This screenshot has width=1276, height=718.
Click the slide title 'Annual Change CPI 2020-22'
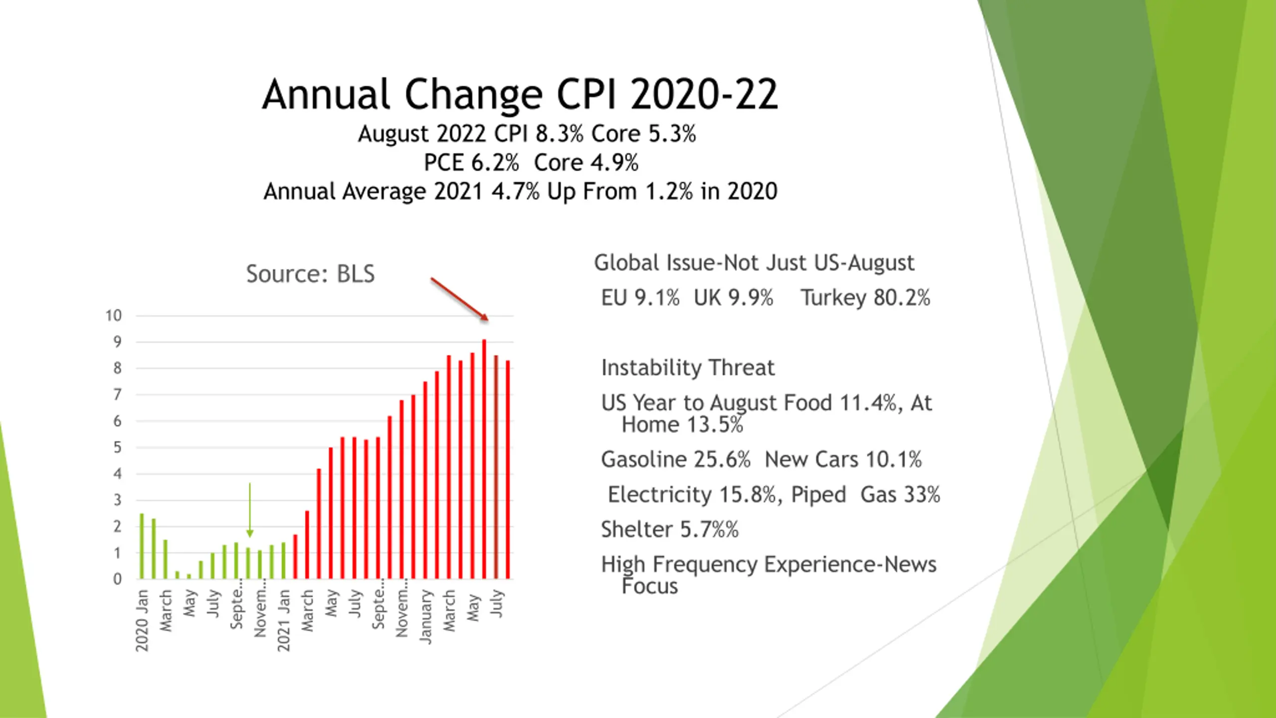pos(520,94)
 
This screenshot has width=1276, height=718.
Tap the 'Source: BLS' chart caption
pos(310,274)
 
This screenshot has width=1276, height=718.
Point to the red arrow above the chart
pos(459,299)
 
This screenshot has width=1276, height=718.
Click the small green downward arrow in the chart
pos(250,509)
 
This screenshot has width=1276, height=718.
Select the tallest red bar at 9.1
pos(484,459)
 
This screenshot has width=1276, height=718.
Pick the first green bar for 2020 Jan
pos(142,546)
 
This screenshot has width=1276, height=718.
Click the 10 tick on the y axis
pos(113,316)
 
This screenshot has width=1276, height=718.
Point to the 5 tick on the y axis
pos(117,447)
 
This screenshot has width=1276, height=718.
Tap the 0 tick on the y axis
pos(117,579)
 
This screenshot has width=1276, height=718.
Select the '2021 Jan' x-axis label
pos(284,620)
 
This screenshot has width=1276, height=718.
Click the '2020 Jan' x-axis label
pos(142,620)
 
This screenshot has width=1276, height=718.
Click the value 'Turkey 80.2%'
pos(865,298)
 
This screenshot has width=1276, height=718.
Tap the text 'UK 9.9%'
pos(733,298)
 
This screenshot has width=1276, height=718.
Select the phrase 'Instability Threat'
pos(688,368)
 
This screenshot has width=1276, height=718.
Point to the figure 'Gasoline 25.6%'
pos(675,460)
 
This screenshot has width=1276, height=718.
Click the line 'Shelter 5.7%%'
pos(669,530)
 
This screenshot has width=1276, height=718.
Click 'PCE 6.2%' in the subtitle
pos(471,163)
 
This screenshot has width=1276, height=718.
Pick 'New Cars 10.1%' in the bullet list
pos(843,460)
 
